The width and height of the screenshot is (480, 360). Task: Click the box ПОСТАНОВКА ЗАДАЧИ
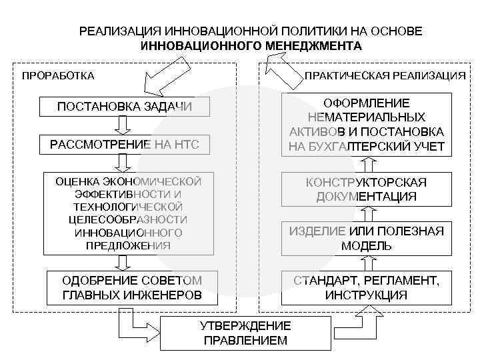click(125, 107)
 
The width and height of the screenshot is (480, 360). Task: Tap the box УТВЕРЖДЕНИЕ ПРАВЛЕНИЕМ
click(245, 333)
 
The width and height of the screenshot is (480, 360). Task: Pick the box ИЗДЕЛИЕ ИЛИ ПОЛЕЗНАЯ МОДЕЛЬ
click(366, 238)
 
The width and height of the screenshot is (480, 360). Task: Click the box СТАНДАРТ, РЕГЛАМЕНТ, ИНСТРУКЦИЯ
click(366, 287)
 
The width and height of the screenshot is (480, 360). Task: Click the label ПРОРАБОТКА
click(58, 75)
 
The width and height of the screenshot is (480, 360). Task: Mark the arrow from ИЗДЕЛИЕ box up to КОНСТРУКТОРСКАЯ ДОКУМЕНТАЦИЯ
click(365, 213)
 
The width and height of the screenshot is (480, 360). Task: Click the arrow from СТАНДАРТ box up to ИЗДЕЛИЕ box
click(365, 263)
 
